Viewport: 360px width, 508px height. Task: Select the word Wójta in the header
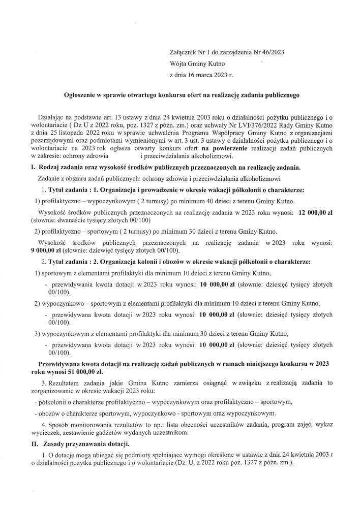[178, 64]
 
